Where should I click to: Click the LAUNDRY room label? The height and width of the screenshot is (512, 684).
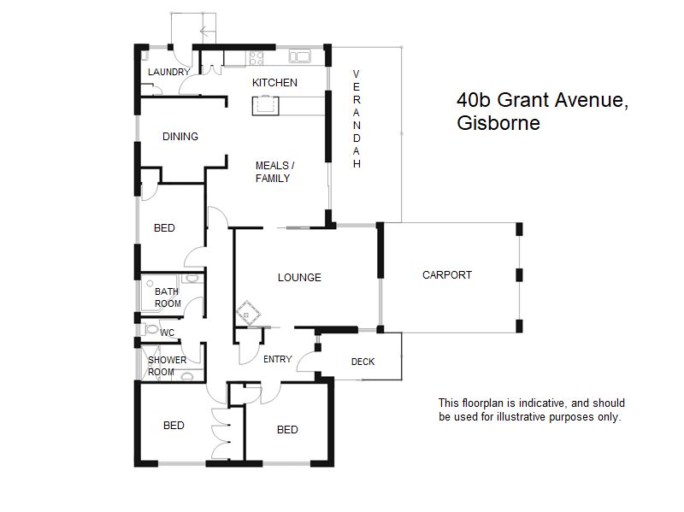[x=168, y=72]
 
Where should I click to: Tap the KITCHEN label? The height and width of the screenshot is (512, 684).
[x=274, y=83]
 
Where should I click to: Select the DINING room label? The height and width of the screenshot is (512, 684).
[x=180, y=137]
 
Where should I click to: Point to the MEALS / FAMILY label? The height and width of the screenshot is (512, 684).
[x=274, y=172]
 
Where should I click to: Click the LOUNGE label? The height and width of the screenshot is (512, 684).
[x=299, y=278]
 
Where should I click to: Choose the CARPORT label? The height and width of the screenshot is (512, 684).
[x=447, y=275]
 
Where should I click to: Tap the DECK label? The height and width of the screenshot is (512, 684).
[x=363, y=362]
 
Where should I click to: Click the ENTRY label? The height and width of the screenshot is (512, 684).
[x=278, y=359]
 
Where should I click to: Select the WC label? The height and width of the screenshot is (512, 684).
[x=167, y=333]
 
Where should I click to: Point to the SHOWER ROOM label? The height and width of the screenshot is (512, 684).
[x=167, y=366]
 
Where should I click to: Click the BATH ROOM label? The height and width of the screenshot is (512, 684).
[x=168, y=297]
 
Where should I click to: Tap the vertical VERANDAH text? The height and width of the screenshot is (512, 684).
[x=357, y=119]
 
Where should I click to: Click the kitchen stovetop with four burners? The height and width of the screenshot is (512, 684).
[x=256, y=58]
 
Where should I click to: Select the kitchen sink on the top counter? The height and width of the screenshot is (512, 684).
[x=300, y=56]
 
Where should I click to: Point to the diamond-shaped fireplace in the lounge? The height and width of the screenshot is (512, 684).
[x=248, y=313]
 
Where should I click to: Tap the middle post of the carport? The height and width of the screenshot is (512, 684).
[x=519, y=275]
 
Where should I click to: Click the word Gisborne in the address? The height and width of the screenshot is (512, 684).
[x=498, y=123]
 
